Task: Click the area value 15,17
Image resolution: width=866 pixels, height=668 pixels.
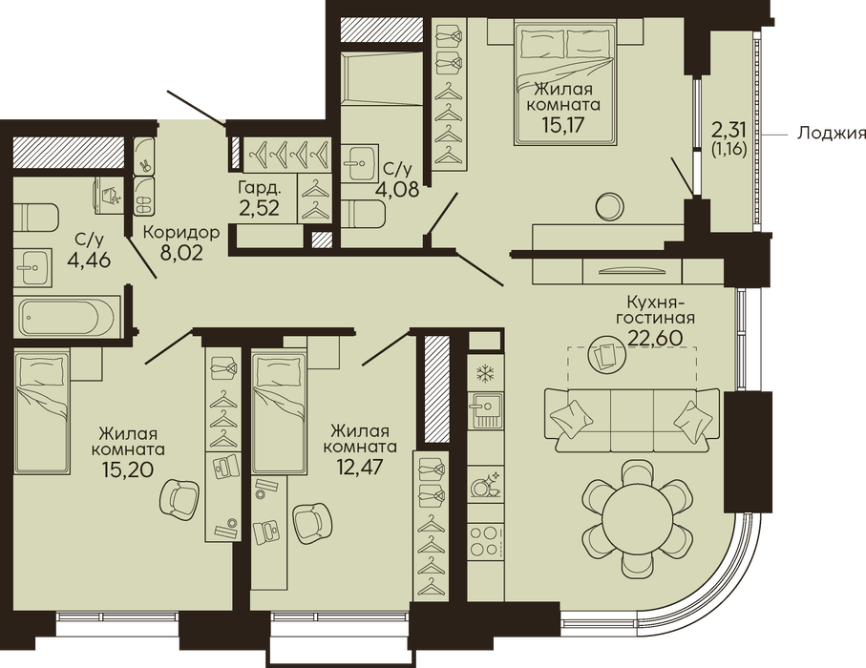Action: point(563,121)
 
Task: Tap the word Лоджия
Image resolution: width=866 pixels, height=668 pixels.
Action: point(831,133)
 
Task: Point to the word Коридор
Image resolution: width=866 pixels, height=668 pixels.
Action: point(181,233)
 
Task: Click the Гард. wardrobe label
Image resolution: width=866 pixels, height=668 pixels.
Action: point(260,188)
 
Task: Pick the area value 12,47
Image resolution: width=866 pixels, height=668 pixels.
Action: point(361,466)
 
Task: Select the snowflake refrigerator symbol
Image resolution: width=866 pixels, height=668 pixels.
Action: point(485,375)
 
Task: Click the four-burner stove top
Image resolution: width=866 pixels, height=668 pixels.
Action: point(485,540)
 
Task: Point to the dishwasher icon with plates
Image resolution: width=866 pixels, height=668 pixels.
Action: point(485,484)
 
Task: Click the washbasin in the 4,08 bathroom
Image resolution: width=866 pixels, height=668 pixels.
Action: point(360,163)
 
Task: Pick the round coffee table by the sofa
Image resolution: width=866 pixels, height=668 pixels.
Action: point(607,353)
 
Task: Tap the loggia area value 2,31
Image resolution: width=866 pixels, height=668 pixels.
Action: point(729,131)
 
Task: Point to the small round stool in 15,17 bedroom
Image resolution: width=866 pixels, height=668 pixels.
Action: point(610,206)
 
